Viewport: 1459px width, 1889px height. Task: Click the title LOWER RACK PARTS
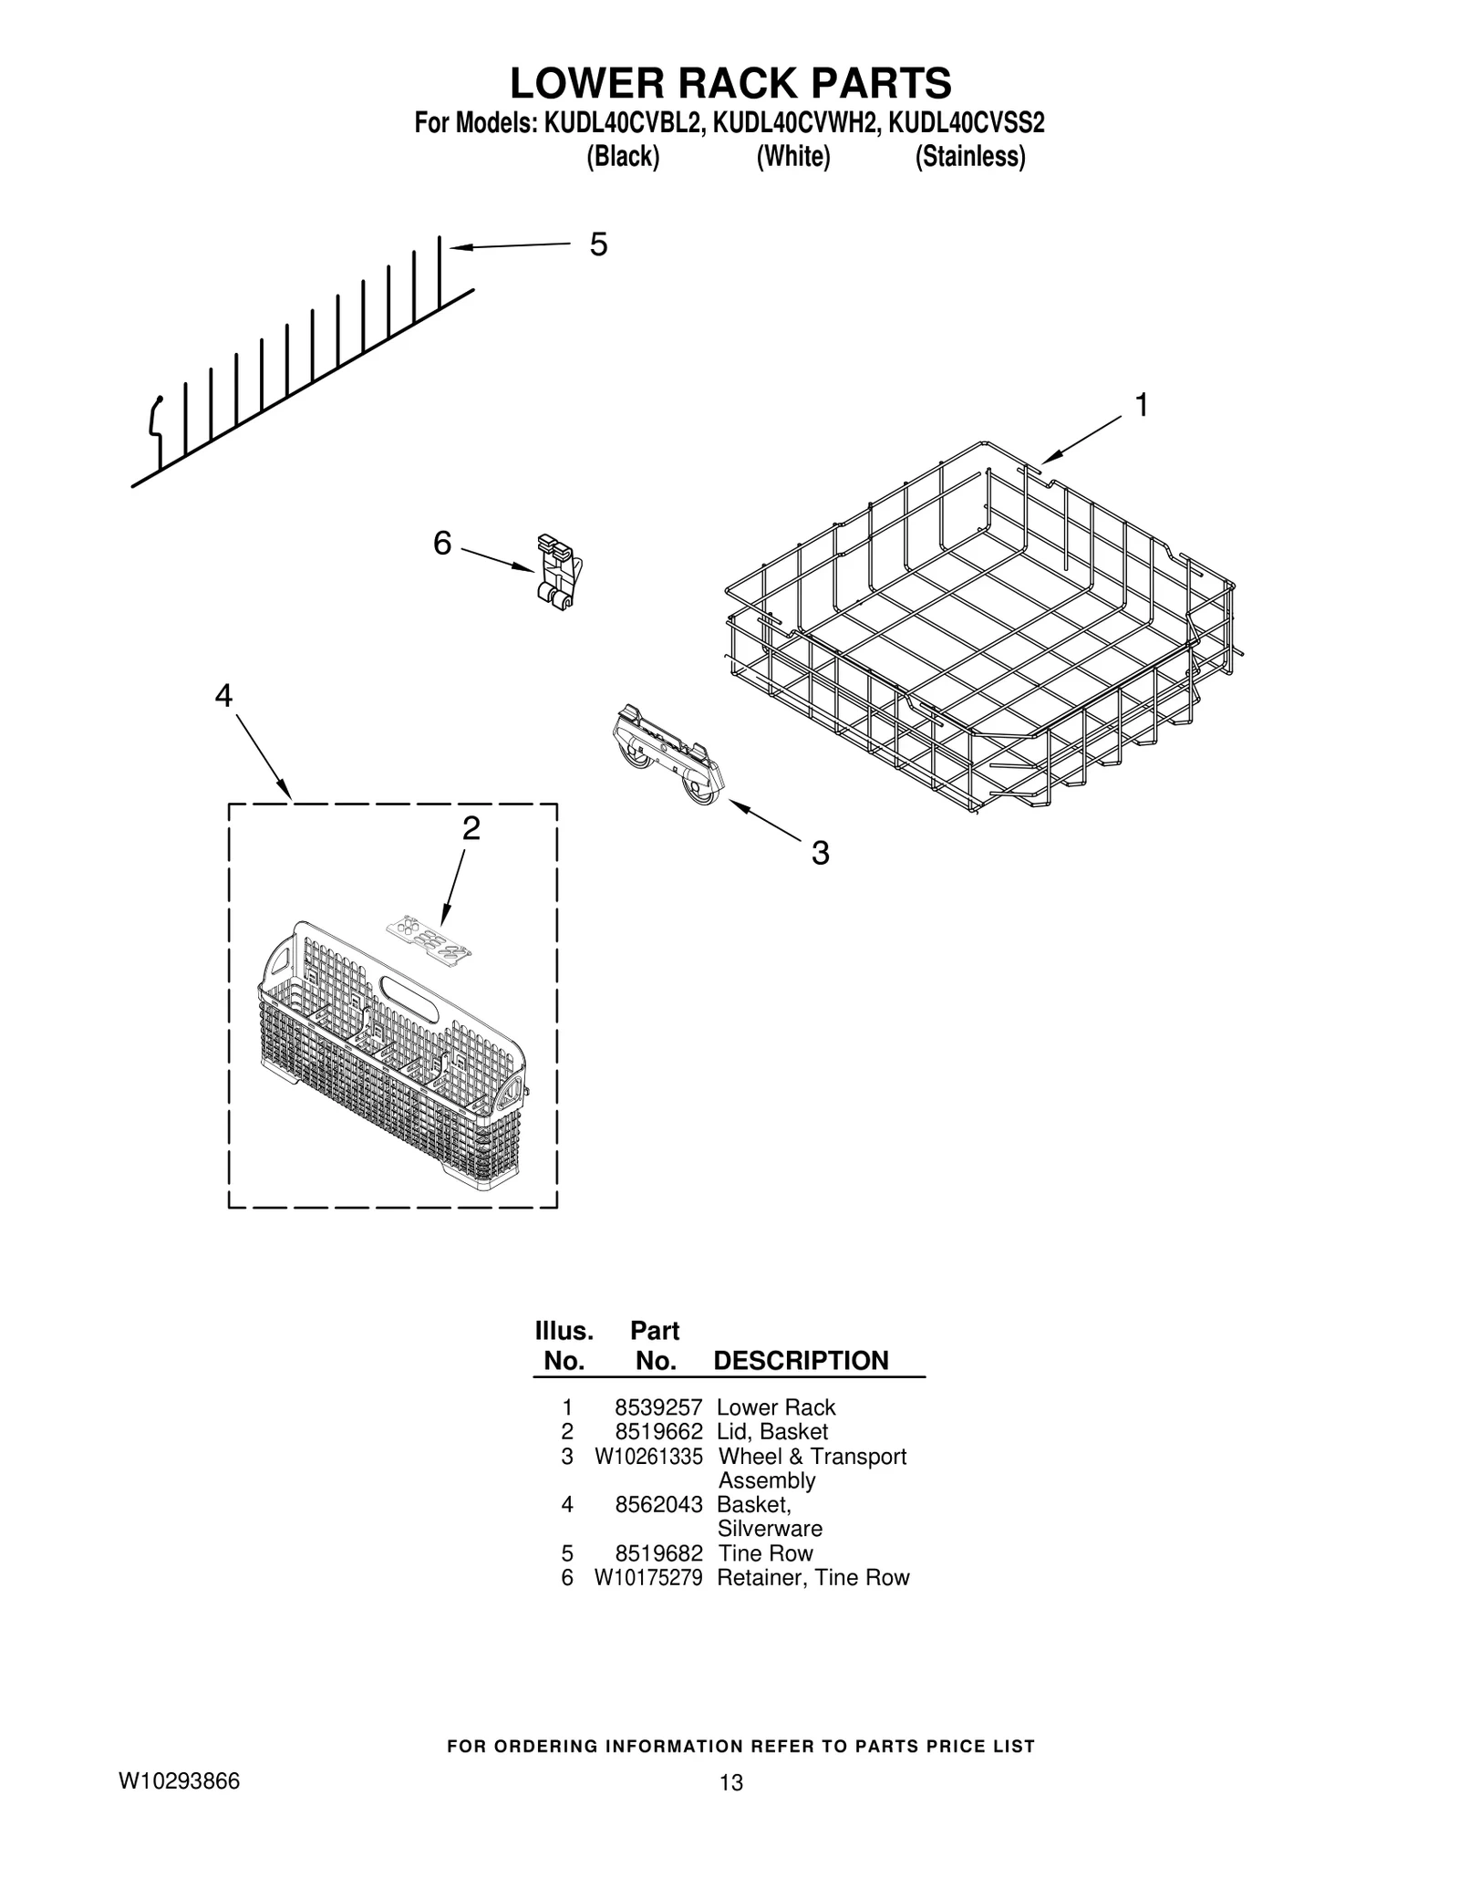(729, 84)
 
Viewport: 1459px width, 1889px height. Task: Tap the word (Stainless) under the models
(969, 157)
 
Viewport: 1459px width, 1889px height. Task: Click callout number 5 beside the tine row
(598, 244)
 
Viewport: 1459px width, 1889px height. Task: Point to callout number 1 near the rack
(1141, 405)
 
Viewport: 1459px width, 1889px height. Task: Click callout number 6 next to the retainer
(442, 544)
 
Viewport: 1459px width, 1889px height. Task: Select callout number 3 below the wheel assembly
(820, 854)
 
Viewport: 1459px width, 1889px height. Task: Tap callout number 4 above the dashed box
(223, 696)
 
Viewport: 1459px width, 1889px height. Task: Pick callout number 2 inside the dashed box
(471, 828)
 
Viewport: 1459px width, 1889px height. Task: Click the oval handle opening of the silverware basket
(408, 989)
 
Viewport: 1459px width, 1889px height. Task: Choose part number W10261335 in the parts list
(648, 1457)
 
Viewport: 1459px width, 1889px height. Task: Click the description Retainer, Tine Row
(812, 1577)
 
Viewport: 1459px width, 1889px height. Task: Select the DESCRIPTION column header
(800, 1361)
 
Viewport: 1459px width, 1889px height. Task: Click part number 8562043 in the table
(658, 1505)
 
